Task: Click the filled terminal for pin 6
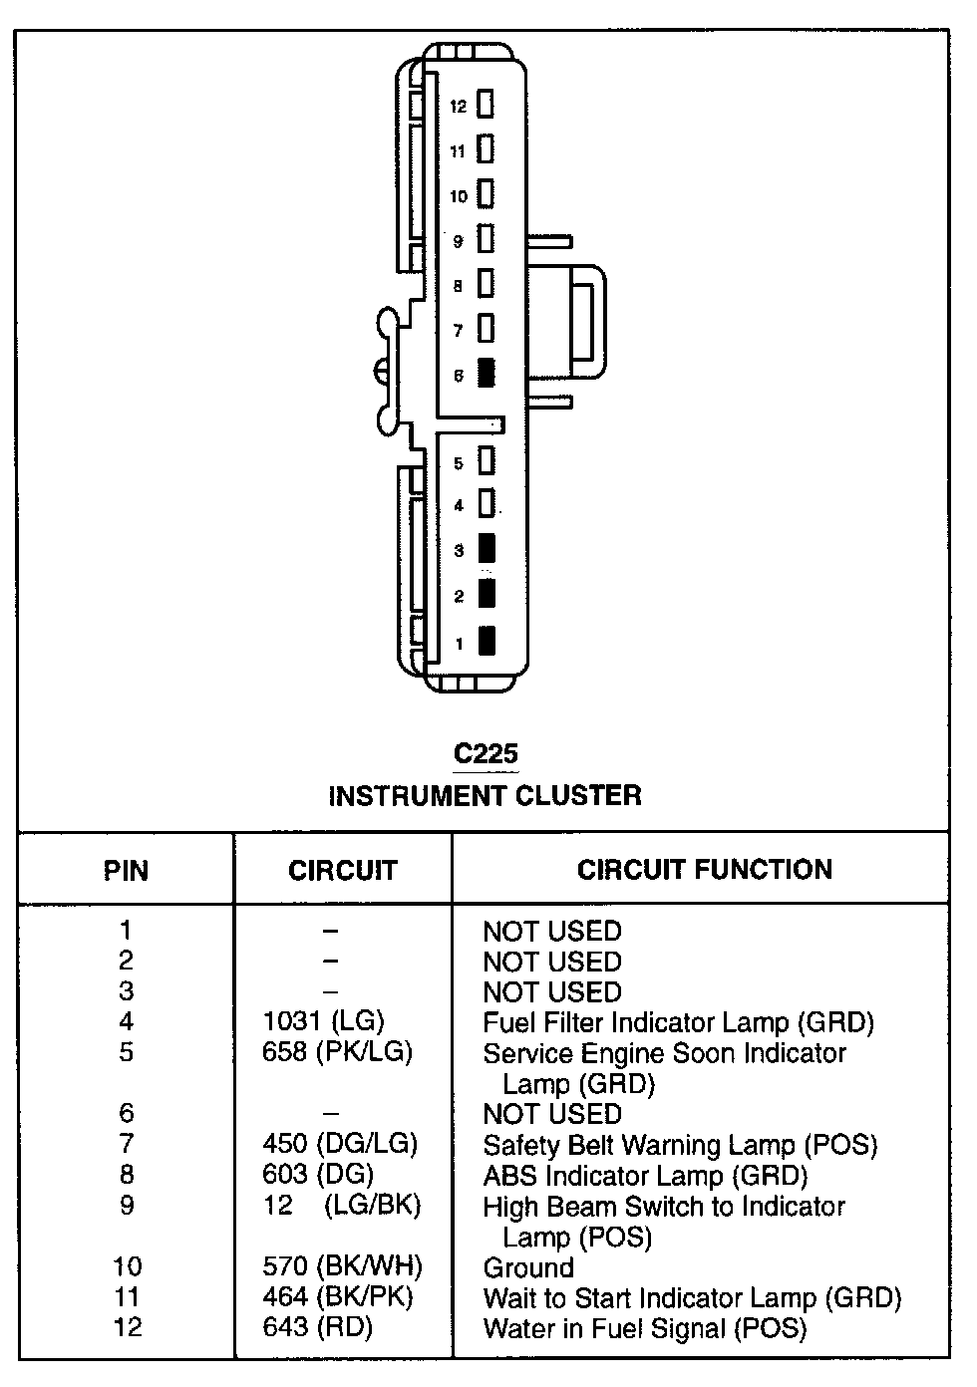coord(487,373)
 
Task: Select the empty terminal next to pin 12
coord(486,104)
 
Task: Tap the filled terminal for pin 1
coord(487,641)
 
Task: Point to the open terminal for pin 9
coord(486,239)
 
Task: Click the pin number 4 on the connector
coord(459,506)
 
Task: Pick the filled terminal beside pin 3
coord(487,548)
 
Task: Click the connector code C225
coord(486,753)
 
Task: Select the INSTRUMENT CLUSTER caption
coord(485,796)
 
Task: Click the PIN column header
coord(126,871)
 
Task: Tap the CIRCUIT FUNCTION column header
coord(704,869)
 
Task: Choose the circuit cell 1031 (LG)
coord(323,1021)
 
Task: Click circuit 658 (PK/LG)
coord(337,1052)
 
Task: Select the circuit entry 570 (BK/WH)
coord(342,1266)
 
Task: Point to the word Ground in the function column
coord(528,1267)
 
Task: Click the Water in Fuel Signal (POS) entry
coord(644,1328)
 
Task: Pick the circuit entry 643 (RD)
coord(317,1327)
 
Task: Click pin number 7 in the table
coord(126,1144)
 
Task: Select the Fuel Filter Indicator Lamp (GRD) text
coord(678,1022)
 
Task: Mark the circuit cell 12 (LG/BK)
coord(342,1206)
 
